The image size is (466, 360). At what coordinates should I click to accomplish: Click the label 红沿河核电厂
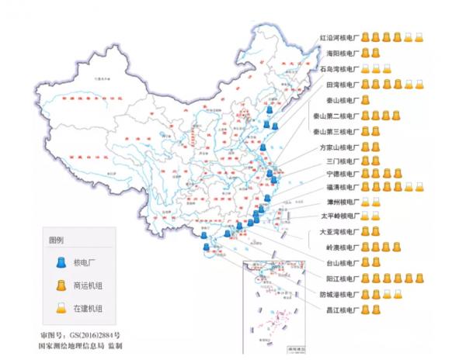(339, 36)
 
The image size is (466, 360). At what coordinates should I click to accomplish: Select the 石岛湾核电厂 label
(339, 68)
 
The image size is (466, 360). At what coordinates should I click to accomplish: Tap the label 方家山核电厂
(339, 147)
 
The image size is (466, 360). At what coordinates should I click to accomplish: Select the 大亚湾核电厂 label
(339, 232)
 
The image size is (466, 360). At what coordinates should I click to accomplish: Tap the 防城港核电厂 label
(339, 294)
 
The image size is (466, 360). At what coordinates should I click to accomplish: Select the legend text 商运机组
(88, 286)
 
